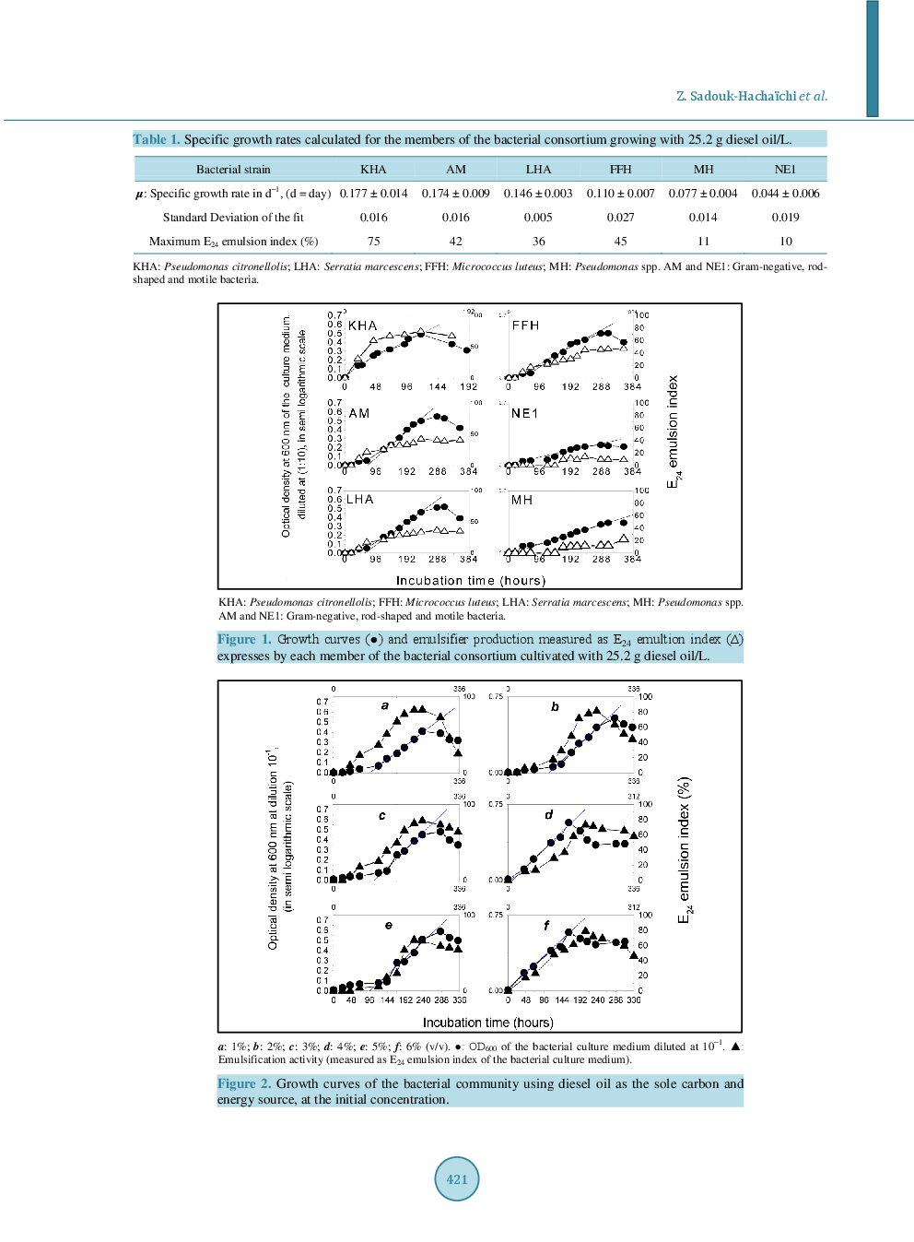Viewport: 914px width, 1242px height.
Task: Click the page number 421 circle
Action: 457,1178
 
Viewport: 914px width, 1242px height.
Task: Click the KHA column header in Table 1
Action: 373,170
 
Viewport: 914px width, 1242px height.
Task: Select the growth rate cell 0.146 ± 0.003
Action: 538,194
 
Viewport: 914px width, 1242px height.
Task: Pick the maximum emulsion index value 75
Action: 373,242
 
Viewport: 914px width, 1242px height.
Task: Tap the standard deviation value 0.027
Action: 620,218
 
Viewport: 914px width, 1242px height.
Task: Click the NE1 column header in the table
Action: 785,170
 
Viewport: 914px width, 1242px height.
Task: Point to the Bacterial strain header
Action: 233,170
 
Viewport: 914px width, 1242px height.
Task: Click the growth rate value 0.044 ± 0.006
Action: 785,194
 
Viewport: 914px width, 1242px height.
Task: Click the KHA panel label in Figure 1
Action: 362,325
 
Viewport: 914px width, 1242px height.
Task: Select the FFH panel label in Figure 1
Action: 525,325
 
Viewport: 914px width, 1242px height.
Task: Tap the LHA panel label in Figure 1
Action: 359,499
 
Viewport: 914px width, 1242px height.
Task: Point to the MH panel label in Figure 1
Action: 521,500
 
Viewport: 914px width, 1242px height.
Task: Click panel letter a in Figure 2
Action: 385,705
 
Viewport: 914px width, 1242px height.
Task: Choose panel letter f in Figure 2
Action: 546,925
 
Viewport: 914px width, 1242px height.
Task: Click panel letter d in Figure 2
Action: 549,814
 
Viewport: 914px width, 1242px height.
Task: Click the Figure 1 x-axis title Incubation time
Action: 470,581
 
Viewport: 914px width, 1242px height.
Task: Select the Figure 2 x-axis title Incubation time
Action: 487,1023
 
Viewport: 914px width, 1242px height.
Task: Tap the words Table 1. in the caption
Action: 156,139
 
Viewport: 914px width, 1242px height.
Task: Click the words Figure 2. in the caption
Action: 244,1083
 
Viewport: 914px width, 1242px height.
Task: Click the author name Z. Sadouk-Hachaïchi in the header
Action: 736,96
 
